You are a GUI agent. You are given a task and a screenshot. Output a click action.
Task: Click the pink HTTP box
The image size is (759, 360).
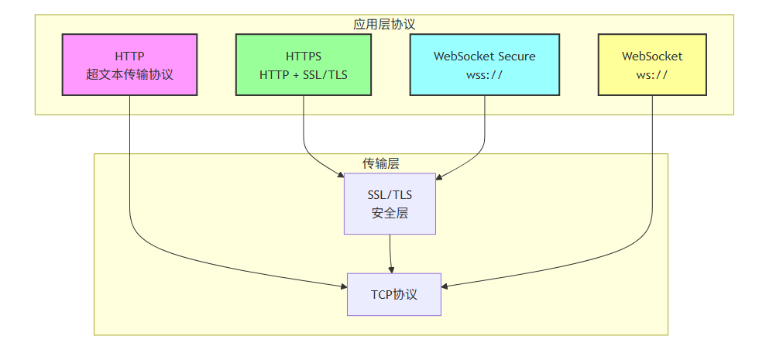point(129,65)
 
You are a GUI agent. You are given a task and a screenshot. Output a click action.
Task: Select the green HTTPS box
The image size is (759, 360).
point(303,65)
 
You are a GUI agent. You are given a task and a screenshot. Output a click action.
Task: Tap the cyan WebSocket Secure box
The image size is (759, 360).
point(485,65)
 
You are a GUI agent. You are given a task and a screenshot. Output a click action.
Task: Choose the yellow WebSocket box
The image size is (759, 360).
point(652,65)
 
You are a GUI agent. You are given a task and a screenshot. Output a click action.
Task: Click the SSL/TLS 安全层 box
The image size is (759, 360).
point(390,204)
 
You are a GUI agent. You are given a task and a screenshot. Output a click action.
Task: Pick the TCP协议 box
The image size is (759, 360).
point(393,294)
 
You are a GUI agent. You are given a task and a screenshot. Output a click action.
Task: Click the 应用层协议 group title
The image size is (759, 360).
point(384,24)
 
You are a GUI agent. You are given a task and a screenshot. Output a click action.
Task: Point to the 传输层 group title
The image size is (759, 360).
point(381,163)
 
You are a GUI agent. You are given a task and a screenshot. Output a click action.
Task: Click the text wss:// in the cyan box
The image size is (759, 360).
point(485,75)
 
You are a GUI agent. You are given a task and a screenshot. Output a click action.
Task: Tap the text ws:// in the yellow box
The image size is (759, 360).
point(652,75)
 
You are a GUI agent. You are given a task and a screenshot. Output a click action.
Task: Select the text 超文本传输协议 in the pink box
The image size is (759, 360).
point(129,75)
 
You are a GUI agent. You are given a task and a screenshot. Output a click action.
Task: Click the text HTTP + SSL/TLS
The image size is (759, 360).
point(303,75)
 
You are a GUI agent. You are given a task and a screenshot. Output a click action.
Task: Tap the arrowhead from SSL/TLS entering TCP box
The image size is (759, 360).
point(392,269)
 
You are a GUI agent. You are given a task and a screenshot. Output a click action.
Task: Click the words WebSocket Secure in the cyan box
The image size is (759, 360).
point(485,56)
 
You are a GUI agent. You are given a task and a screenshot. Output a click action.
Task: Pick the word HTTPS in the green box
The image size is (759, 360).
point(303,56)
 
